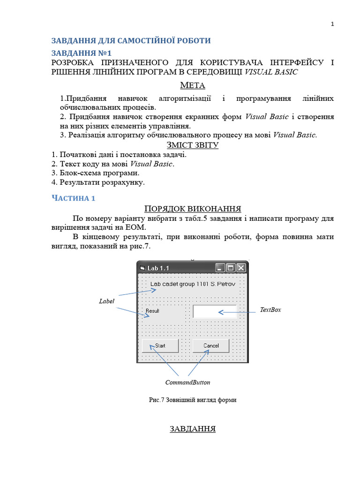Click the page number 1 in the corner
click(332, 24)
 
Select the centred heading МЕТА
click(193, 85)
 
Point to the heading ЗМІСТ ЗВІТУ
click(193, 145)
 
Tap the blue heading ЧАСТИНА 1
click(73, 198)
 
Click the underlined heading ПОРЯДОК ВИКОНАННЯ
click(193, 209)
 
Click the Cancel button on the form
click(211, 345)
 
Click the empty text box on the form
click(215, 312)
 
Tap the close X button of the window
click(241, 268)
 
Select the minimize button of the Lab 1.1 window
click(220, 268)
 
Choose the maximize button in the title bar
click(231, 268)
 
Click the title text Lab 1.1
click(158, 268)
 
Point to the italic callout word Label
click(106, 301)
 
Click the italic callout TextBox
click(270, 310)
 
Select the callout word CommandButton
click(187, 382)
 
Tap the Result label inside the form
click(152, 311)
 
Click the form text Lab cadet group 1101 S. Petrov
click(192, 284)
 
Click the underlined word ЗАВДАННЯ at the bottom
click(193, 429)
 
